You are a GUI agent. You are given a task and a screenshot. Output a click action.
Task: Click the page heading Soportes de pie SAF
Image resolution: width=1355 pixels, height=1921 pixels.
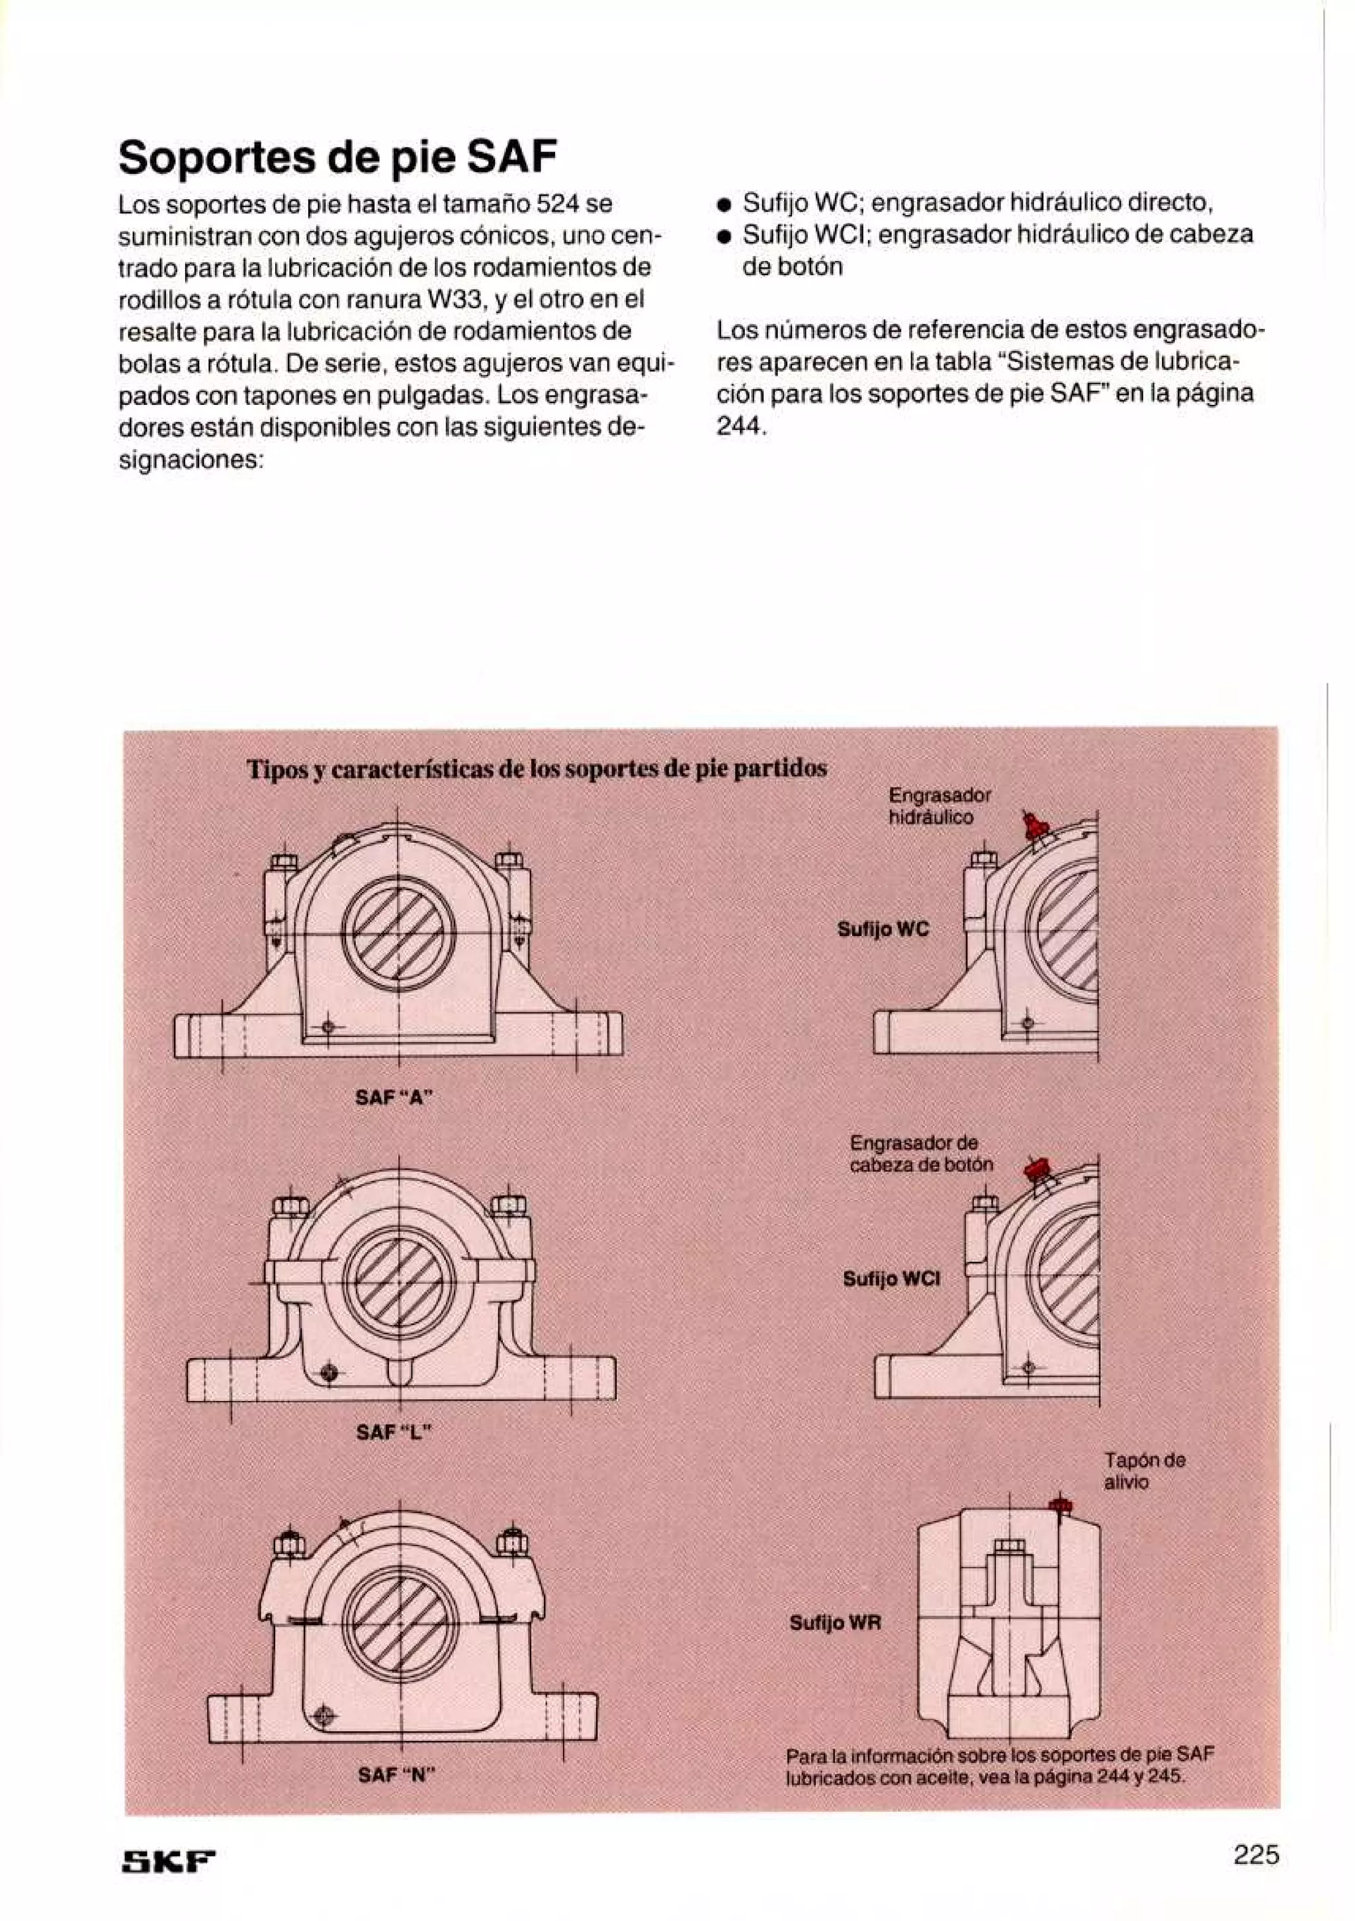pos(337,157)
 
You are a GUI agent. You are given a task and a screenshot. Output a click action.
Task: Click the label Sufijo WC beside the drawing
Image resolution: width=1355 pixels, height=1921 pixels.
pos(883,929)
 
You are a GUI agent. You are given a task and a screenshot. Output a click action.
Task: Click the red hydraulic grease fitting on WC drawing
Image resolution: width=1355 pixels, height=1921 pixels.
pos(1033,827)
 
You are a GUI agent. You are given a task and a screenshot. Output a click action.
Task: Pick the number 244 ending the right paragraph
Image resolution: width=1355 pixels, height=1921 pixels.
pos(740,426)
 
